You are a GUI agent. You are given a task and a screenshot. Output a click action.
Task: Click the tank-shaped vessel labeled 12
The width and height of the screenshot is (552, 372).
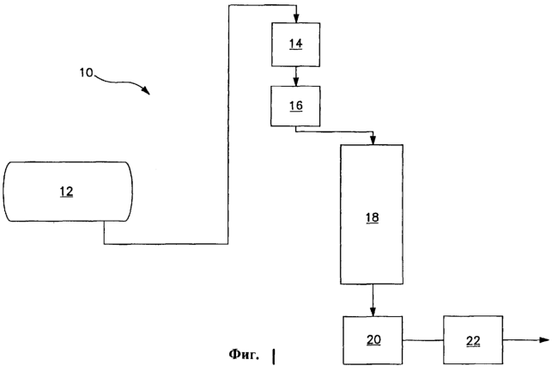click(67, 192)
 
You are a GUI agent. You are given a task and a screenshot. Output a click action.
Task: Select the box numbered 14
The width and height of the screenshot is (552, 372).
click(296, 44)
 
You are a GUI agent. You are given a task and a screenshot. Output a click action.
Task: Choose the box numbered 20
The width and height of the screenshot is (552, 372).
click(373, 340)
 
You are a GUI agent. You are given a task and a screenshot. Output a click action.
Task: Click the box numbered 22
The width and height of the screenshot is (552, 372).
click(473, 340)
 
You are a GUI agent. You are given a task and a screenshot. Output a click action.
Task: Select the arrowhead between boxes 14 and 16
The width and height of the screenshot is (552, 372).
click(296, 82)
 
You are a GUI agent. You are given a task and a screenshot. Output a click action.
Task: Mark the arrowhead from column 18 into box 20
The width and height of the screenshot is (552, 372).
click(373, 313)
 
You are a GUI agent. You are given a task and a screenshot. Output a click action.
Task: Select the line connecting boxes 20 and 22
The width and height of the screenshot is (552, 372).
click(423, 340)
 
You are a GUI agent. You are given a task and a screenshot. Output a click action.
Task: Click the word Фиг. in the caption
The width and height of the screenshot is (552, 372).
click(245, 354)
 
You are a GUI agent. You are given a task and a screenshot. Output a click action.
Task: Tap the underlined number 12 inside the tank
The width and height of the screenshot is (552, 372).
click(67, 192)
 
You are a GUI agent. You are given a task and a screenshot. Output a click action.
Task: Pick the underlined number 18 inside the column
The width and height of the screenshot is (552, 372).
click(372, 218)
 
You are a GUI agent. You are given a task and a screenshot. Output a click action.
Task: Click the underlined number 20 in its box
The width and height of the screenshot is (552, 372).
click(373, 340)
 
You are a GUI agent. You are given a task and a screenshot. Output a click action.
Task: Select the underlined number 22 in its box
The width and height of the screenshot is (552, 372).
click(473, 340)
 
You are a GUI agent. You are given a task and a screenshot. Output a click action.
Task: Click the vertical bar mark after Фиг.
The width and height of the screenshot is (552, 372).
click(275, 355)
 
